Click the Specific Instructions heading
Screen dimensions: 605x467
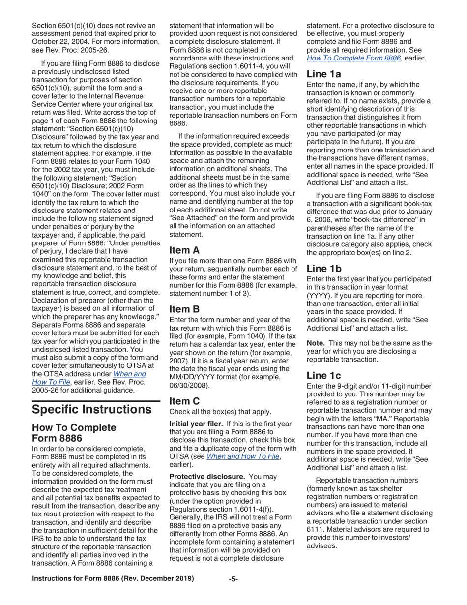91,409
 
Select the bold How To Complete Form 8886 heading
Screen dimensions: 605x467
74,433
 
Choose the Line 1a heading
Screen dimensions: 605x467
324,74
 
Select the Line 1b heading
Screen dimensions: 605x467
324,269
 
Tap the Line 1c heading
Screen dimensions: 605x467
324,375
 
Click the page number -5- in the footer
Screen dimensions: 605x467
233,579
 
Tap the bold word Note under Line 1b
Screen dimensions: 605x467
316,343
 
